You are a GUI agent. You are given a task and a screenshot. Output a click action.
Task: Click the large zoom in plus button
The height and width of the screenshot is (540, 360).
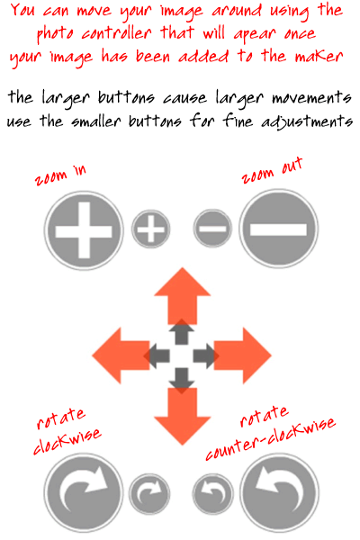(84, 230)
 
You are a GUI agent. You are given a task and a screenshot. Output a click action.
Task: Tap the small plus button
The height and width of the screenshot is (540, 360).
(150, 229)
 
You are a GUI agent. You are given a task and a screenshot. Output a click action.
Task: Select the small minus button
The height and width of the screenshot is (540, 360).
(212, 229)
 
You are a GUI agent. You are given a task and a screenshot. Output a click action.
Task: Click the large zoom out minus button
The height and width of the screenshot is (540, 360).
(278, 229)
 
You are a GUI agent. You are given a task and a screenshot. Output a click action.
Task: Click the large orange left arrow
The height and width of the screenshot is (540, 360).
(121, 355)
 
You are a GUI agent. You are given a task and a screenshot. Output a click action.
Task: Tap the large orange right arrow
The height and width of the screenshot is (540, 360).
(242, 355)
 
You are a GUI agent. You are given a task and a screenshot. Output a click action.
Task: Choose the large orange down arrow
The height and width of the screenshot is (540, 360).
(182, 416)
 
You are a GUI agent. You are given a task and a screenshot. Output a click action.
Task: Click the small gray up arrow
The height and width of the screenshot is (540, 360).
(182, 332)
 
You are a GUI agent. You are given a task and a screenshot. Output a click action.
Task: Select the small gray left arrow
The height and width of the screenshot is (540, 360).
(157, 355)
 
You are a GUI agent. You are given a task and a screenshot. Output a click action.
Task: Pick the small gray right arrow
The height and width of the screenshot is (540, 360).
(206, 355)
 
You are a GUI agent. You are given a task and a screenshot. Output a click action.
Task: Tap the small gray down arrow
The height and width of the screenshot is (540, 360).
(182, 381)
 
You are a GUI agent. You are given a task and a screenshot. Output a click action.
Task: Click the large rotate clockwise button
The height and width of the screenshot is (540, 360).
(84, 492)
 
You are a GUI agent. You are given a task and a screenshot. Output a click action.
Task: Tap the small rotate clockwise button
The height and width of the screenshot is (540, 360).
(149, 493)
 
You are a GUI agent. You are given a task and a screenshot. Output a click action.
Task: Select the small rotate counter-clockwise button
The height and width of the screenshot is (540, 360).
(212, 493)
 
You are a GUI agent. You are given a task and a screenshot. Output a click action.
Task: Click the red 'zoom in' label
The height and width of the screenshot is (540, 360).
(60, 175)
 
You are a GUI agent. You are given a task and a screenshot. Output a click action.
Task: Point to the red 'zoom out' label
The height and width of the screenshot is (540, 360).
(272, 170)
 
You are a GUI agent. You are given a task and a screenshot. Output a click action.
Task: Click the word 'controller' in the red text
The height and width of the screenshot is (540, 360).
(117, 33)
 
